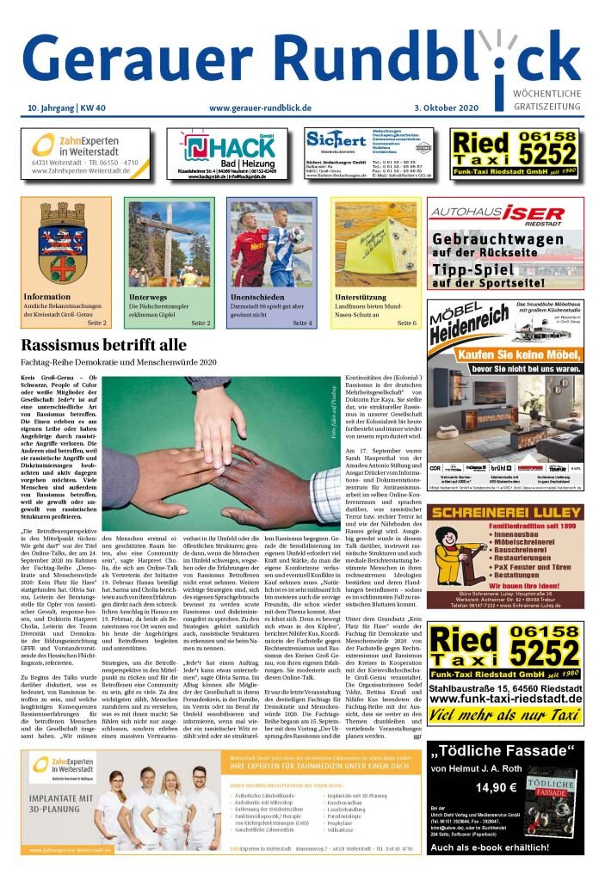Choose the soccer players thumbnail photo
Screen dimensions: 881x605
(270, 243)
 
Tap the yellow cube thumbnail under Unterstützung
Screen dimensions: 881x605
(373, 243)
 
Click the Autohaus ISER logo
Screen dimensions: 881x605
(497, 213)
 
